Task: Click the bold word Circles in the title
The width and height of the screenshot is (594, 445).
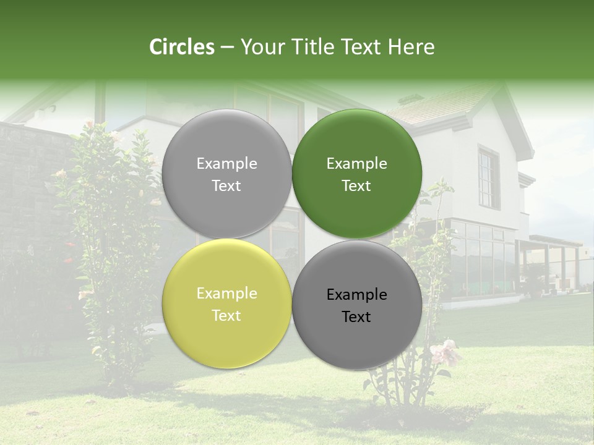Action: [x=182, y=47]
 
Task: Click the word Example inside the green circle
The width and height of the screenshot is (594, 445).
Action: [x=356, y=164]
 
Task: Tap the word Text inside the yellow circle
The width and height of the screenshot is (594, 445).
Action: [x=226, y=315]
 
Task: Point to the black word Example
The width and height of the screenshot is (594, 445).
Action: [x=356, y=295]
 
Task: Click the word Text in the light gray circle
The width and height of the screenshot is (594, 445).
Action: [x=226, y=185]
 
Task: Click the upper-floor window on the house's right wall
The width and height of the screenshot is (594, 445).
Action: [x=488, y=178]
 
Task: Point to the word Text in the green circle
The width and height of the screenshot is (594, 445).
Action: [x=356, y=185]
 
